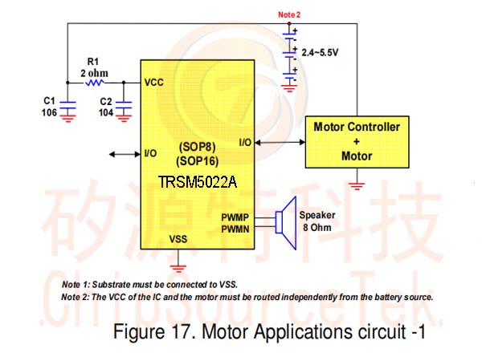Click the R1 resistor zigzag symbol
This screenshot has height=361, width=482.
coord(95,83)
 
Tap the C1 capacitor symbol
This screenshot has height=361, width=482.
coord(67,105)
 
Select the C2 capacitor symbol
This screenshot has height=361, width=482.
coord(124,105)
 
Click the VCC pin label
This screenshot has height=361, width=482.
coord(154,83)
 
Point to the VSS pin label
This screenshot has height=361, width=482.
coord(178,239)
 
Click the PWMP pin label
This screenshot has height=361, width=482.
coord(235,217)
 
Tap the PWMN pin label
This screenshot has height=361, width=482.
coord(235,229)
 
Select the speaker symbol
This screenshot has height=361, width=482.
coord(286,223)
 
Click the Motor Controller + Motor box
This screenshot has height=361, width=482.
coord(357,142)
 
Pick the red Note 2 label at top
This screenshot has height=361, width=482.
coord(289,14)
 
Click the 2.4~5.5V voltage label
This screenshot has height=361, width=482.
coord(320,52)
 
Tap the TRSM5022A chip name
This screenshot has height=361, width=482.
coord(198,182)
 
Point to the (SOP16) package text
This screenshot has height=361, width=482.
coord(198,161)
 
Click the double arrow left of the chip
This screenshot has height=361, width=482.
coord(125,154)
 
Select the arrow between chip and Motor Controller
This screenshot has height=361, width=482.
coord(280,142)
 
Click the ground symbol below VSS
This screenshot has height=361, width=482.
coord(178,268)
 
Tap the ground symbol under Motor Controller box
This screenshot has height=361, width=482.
coord(357,186)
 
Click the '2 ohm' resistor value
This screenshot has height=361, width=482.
coord(94,73)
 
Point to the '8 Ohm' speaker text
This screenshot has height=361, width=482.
coord(317,228)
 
